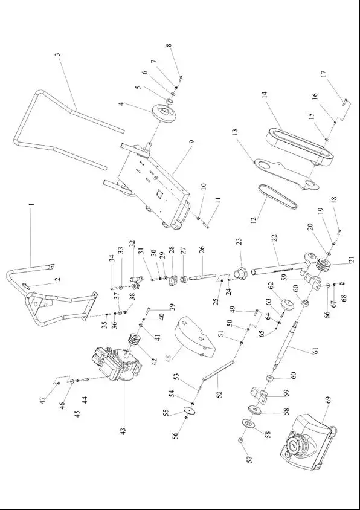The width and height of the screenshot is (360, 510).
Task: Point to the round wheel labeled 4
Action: coord(164,114)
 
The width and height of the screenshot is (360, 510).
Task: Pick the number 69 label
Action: coord(328,417)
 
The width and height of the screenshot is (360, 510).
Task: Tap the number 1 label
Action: coord(31,205)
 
